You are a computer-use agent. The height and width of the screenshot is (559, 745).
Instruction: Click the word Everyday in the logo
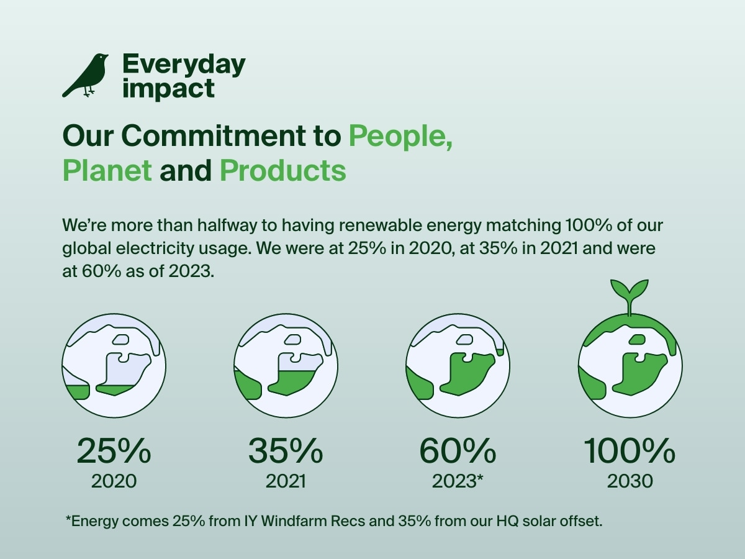[x=184, y=64]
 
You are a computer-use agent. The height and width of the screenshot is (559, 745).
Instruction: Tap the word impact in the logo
[x=168, y=88]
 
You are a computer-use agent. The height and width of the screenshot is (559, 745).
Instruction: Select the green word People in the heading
[x=399, y=135]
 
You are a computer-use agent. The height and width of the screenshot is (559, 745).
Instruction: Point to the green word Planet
[x=107, y=170]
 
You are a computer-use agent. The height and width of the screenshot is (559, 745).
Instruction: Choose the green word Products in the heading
[x=282, y=170]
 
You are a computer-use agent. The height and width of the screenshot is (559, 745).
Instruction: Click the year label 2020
[x=114, y=481]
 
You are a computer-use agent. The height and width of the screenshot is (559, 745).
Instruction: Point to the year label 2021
[x=286, y=481]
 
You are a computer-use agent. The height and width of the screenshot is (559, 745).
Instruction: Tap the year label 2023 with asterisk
[x=458, y=481]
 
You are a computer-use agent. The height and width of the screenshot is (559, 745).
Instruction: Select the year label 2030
[x=630, y=481]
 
